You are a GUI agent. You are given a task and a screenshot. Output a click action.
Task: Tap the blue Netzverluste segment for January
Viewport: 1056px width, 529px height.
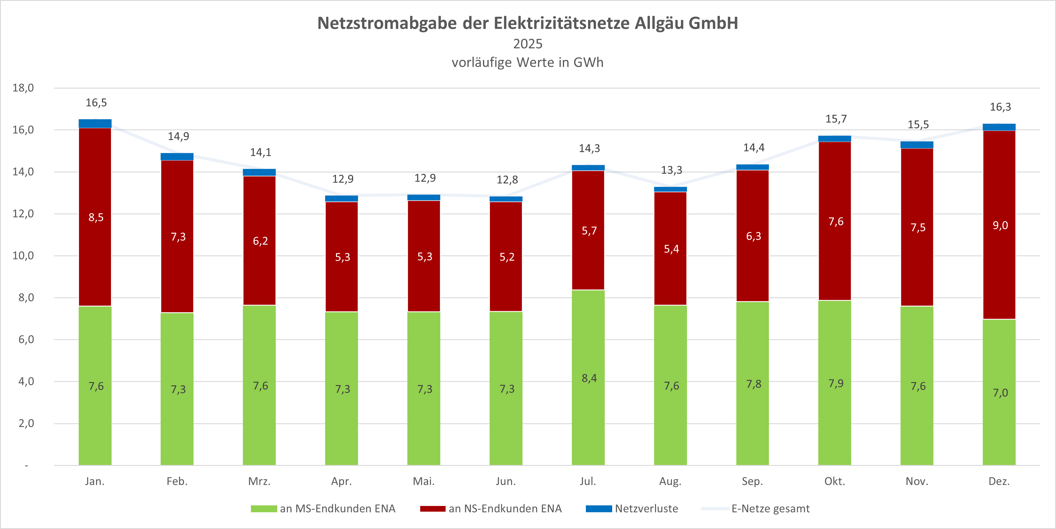95,124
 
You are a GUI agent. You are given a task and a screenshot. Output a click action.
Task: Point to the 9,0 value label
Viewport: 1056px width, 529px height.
1000,225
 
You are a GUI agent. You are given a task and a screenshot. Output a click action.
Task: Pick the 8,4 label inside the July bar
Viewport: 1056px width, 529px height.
589,378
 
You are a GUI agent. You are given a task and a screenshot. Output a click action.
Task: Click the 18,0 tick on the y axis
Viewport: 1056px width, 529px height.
23,88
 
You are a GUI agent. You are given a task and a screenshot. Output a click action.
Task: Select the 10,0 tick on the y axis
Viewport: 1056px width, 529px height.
23,256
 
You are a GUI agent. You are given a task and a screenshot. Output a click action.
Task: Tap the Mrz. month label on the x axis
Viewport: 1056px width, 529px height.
260,481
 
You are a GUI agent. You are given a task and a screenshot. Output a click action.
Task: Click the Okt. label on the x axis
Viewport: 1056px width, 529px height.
835,481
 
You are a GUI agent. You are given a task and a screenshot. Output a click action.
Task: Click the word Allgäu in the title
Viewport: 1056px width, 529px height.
659,23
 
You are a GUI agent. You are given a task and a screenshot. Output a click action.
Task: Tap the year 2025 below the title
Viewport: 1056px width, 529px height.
528,44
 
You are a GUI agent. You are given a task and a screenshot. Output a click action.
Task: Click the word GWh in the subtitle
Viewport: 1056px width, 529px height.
588,62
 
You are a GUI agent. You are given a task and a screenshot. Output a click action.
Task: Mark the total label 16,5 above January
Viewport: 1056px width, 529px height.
96,103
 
